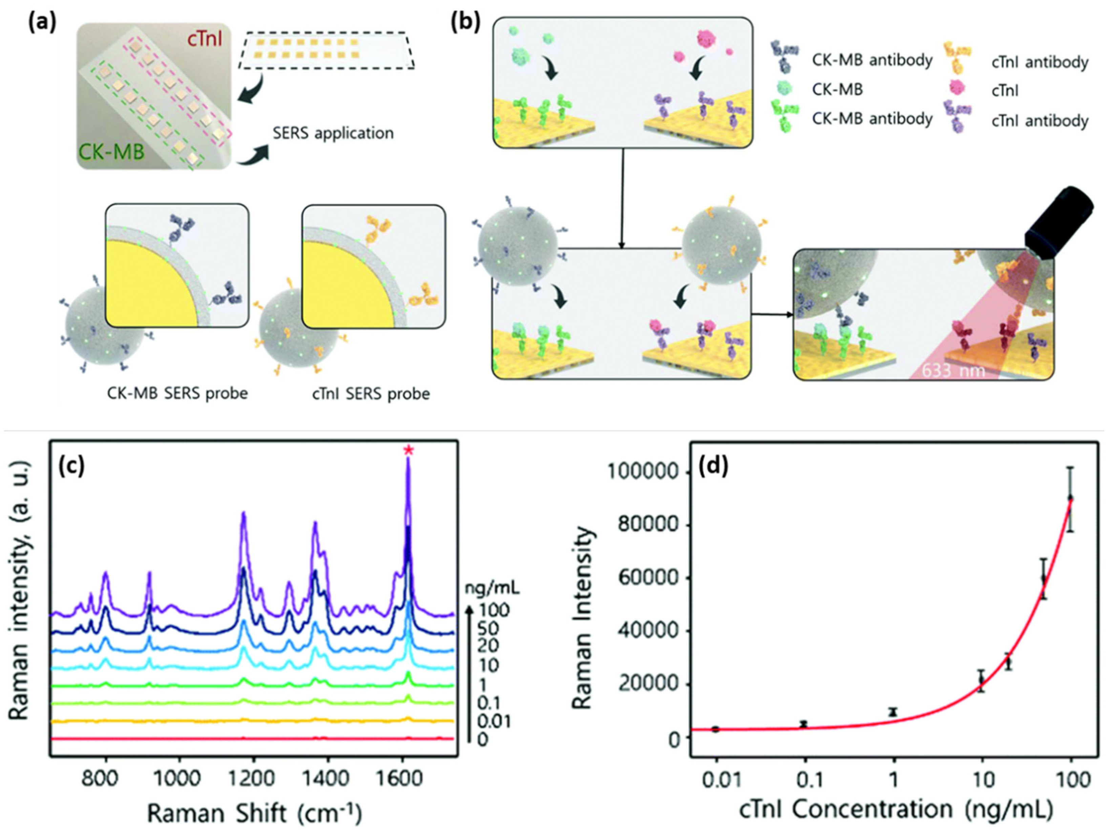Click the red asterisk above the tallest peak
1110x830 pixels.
409,450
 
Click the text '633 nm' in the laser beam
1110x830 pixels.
954,370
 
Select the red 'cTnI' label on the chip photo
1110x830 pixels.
207,38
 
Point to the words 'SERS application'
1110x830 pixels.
333,134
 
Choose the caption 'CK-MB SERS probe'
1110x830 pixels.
177,393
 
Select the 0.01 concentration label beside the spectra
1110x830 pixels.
494,722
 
